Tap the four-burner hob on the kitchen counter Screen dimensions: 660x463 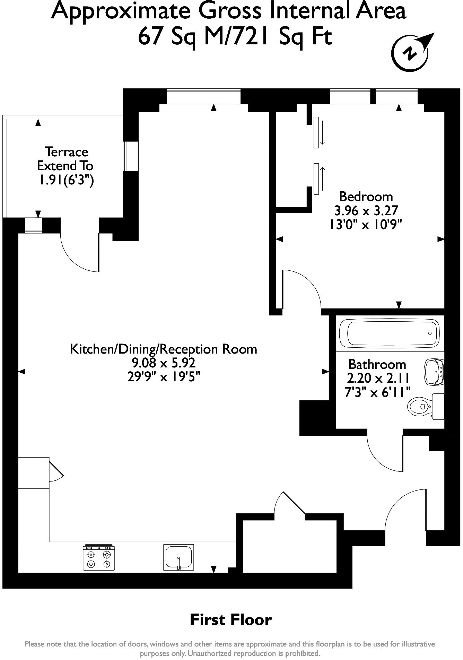[99, 557]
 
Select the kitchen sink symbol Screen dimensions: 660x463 [178, 557]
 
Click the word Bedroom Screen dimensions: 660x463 [366, 197]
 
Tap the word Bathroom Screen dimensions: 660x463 [377, 364]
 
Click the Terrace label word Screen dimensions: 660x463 [66, 152]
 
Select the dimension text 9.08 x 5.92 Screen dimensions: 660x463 [163, 363]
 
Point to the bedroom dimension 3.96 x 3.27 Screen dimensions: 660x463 [366, 210]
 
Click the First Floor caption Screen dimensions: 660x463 [231, 619]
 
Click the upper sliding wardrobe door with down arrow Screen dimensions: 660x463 [316, 132]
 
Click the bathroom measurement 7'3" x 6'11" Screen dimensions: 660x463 [377, 392]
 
